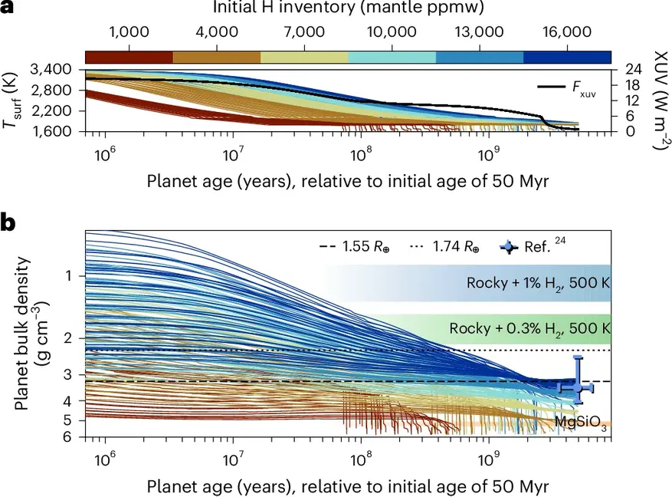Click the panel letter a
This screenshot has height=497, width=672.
click(9, 8)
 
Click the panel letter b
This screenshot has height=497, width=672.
click(10, 223)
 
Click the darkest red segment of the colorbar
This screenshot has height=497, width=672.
click(129, 57)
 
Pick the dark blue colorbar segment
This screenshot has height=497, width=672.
click(566, 57)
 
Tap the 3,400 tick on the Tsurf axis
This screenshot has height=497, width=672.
click(51, 70)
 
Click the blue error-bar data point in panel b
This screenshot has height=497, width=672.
click(579, 387)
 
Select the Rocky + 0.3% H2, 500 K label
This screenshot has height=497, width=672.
click(529, 328)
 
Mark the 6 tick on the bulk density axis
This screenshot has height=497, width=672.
click(67, 436)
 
